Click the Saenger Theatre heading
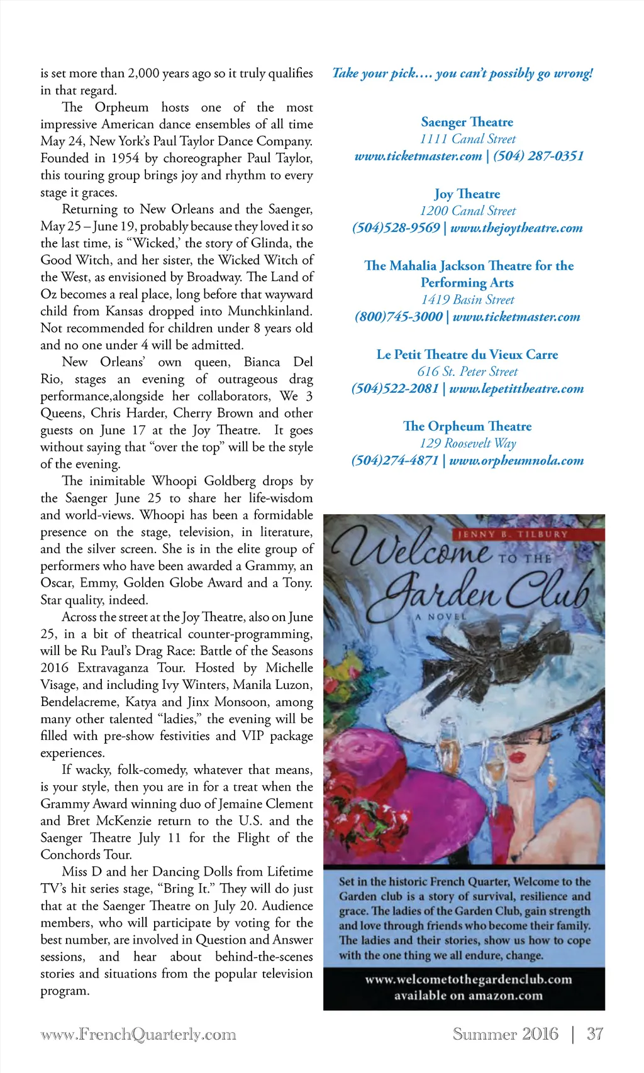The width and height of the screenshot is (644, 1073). [x=467, y=122]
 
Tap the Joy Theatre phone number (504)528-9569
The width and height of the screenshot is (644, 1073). [x=396, y=228]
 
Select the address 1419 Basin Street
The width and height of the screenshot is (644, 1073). [x=467, y=300]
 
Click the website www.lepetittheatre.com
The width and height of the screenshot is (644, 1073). [x=516, y=388]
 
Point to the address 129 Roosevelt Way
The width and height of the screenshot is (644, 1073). [x=467, y=443]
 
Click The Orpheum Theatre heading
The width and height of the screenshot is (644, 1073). [x=467, y=426]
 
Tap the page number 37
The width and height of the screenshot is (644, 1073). [x=594, y=1034]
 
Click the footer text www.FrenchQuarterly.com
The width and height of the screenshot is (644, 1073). [x=138, y=1035]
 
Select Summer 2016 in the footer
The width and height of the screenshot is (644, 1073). [x=505, y=1034]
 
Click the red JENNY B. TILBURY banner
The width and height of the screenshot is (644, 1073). [x=512, y=534]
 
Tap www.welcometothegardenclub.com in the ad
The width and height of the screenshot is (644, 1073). [x=468, y=979]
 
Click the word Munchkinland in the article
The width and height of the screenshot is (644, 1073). [x=269, y=311]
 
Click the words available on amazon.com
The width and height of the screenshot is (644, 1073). [x=468, y=995]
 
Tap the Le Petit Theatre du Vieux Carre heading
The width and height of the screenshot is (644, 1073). [x=467, y=355]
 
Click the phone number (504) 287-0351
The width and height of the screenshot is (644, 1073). [x=538, y=156]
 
